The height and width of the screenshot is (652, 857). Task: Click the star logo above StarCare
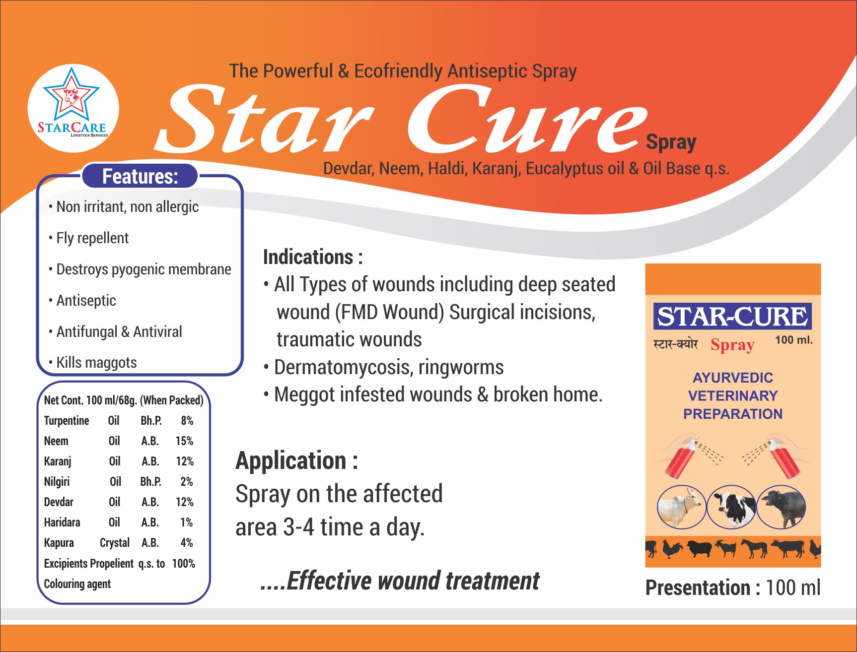click(71, 94)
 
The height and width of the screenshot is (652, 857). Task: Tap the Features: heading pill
click(140, 176)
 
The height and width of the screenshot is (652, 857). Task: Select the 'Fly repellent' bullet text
click(92, 238)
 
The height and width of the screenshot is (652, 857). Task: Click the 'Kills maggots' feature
click(96, 363)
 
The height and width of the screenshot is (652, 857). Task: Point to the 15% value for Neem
click(184, 441)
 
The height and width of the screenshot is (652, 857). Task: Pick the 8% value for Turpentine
click(187, 421)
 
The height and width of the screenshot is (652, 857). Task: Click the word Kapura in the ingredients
click(59, 543)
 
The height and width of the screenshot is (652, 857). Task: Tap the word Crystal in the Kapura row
click(115, 543)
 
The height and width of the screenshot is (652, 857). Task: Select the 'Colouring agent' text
click(77, 584)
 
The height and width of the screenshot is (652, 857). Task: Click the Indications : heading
click(313, 257)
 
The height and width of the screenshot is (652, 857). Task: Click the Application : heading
click(296, 460)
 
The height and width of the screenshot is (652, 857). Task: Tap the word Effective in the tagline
click(329, 581)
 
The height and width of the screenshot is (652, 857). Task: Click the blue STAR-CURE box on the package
click(732, 317)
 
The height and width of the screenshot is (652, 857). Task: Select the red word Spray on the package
click(732, 345)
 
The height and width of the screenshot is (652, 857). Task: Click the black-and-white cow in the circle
click(731, 507)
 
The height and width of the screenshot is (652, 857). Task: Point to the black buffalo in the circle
click(782, 507)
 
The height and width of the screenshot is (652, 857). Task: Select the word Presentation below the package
click(698, 588)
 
